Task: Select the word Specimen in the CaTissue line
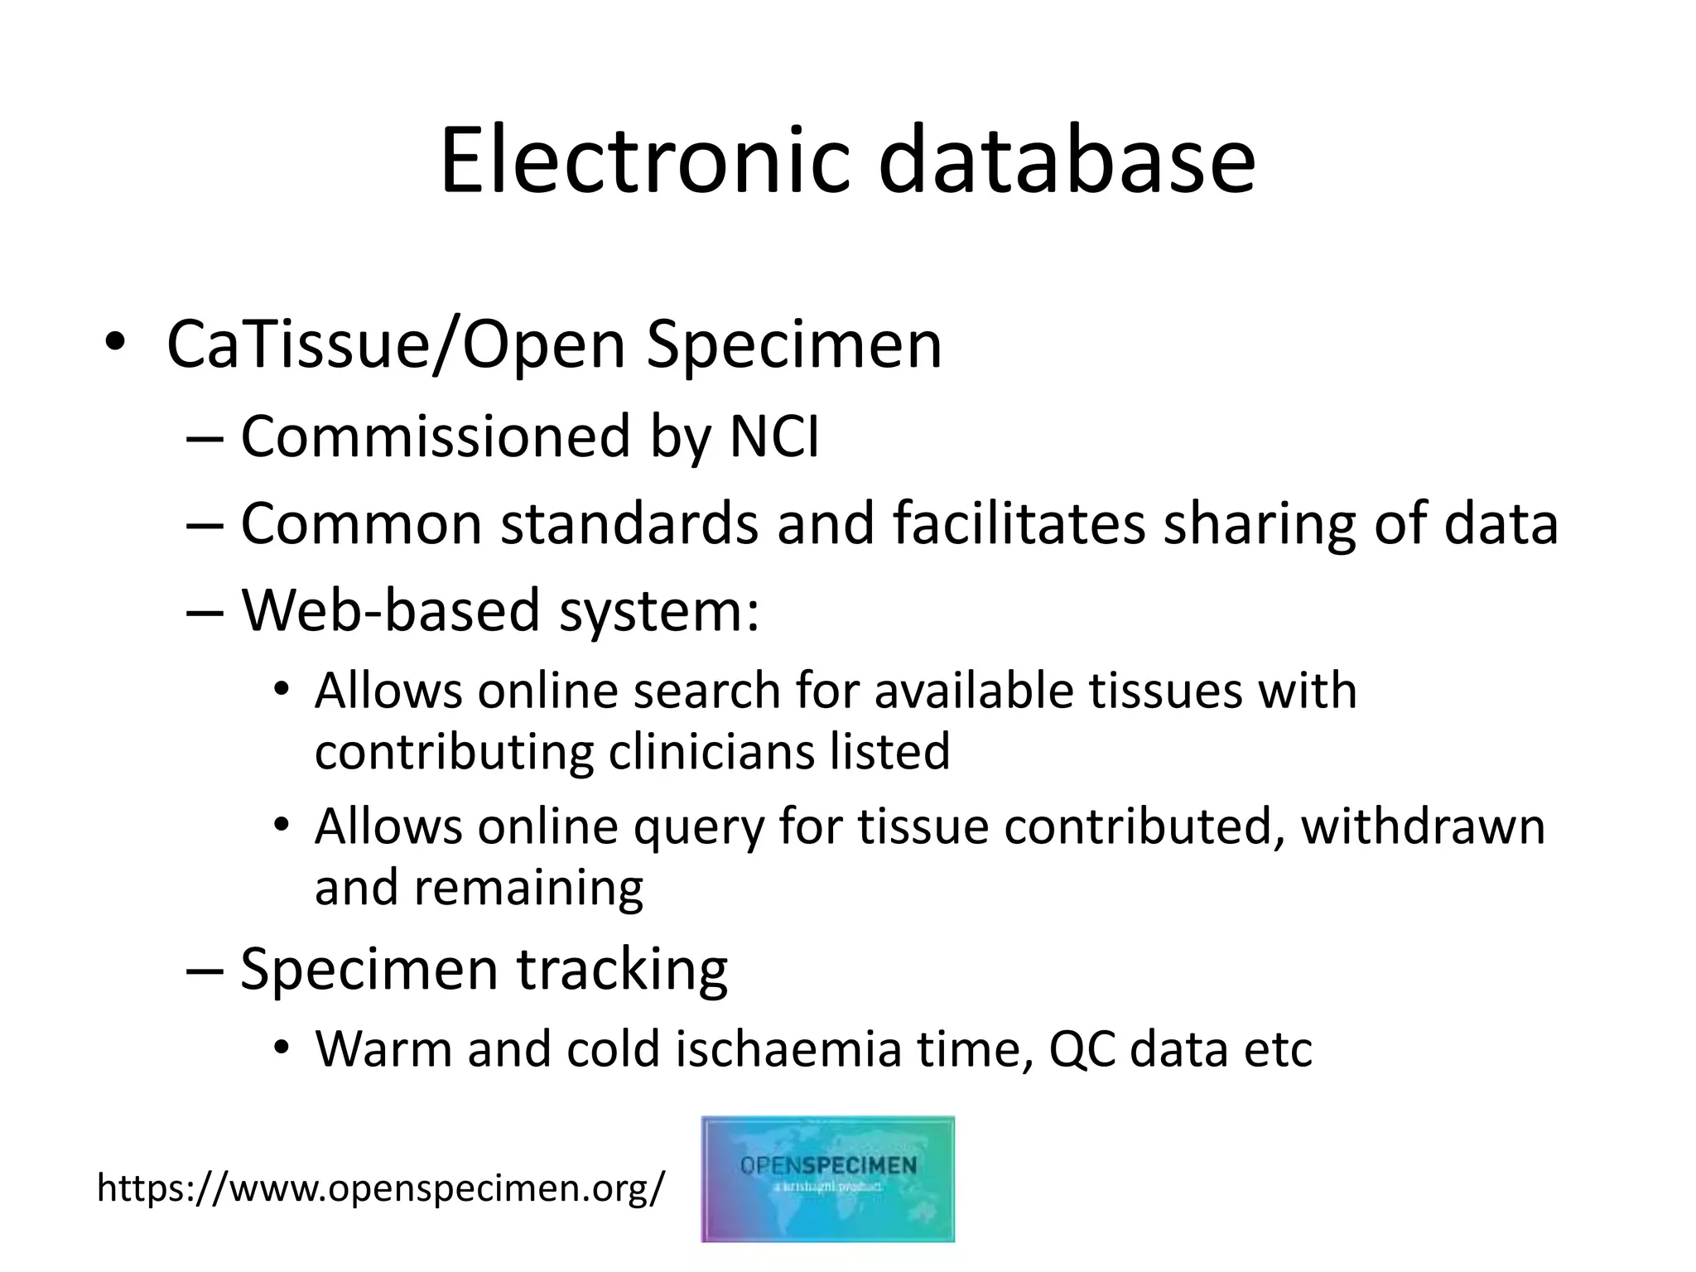click(x=793, y=344)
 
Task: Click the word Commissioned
click(x=436, y=437)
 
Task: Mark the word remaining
click(x=528, y=888)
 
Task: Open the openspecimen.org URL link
click(x=381, y=1188)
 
